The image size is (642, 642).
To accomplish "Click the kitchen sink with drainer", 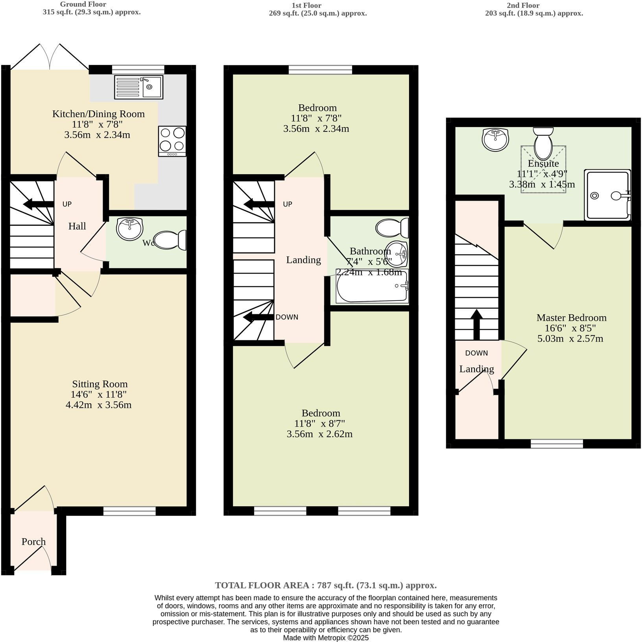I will pos(138,87).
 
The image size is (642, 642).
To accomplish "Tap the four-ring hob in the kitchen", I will pos(172,141).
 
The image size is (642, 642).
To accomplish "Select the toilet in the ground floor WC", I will pos(170,240).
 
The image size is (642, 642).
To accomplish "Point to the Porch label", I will pos(33,542).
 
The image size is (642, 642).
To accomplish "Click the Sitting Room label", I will pos(100,384).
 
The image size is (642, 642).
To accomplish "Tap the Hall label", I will pos(77,226).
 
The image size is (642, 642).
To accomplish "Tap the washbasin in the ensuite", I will pos(495,140).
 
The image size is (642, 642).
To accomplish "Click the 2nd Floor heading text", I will pos(523,6).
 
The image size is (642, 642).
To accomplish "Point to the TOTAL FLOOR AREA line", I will pos(326,585).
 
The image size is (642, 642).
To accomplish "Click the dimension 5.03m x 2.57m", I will pos(570,339).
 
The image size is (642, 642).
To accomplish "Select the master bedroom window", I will pos(557,444).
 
